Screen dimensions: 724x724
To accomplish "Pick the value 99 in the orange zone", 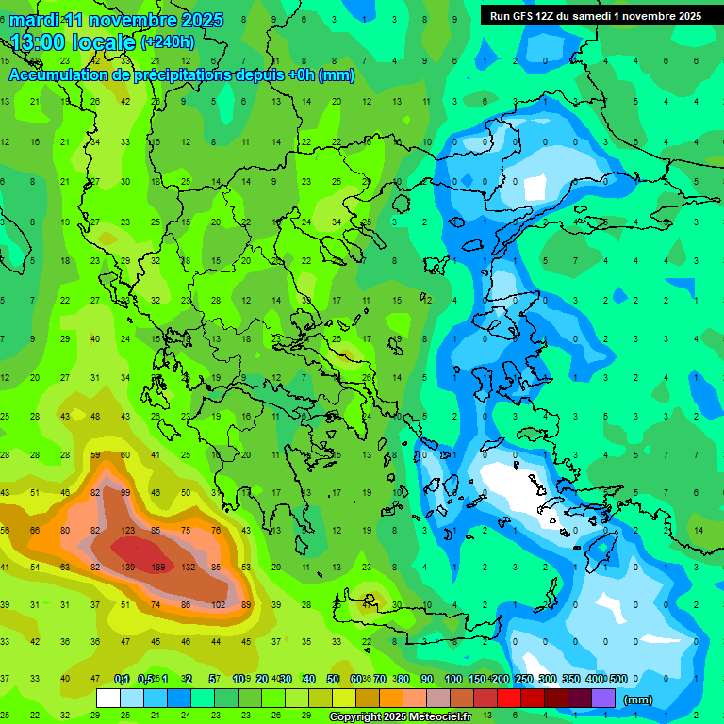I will (127, 493).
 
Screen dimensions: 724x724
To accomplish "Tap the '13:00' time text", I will (47, 42).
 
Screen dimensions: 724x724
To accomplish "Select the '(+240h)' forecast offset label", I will (167, 42).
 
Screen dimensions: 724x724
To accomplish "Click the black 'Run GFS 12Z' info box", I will (594, 16).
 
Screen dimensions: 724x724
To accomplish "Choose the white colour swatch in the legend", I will (108, 698).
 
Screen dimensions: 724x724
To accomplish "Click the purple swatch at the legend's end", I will (603, 698).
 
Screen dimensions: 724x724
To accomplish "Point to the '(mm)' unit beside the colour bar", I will (638, 699).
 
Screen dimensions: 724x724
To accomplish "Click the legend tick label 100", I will (452, 679).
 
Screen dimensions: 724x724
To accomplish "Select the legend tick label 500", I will (617, 679).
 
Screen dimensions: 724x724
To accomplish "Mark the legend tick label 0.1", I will (121, 679).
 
